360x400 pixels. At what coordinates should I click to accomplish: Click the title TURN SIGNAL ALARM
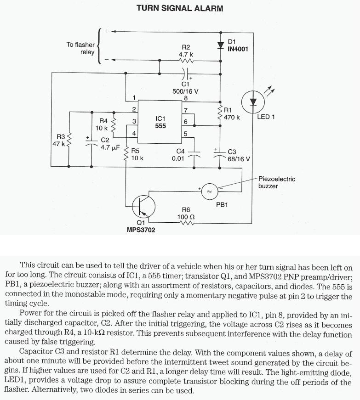180,8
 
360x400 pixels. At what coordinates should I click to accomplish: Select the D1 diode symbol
220,45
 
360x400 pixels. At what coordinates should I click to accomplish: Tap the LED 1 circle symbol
252,101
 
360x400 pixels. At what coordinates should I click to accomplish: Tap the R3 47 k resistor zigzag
69,139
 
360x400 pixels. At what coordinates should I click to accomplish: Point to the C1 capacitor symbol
185,72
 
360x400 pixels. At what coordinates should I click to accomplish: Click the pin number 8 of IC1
186,98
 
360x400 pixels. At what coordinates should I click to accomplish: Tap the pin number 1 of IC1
134,97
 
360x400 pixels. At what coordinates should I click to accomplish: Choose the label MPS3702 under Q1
141,230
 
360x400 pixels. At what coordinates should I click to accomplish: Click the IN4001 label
238,49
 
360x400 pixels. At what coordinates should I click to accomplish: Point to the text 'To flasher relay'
80,48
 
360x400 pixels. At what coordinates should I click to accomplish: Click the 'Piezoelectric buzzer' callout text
277,182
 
